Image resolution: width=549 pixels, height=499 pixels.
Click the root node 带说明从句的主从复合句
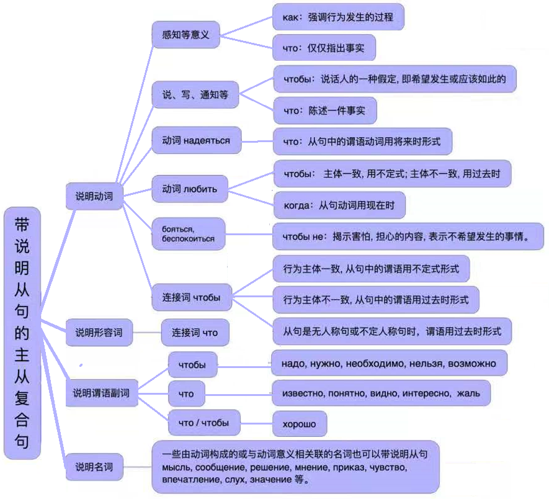pos(22,333)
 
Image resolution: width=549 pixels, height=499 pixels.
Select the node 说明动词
pos(94,197)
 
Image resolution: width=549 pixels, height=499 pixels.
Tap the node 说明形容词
pos(99,332)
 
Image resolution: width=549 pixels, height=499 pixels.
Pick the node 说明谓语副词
pos(102,392)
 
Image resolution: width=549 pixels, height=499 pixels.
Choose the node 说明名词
pos(94,466)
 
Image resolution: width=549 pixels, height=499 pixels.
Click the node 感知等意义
pos(181,35)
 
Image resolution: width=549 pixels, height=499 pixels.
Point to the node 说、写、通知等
pos(195,95)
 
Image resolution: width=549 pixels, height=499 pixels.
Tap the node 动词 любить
pos(189,189)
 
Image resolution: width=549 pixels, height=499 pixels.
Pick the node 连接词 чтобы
pos(192,297)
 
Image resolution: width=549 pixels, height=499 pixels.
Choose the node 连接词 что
pos(195,333)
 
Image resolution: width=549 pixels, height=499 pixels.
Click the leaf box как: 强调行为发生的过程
pos(338,17)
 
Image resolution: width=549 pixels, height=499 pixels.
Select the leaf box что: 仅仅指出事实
pos(324,47)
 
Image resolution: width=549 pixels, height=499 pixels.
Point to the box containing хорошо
pos(300,425)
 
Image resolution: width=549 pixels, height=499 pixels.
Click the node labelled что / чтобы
pos(203,423)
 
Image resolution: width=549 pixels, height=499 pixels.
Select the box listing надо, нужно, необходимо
pos(390,362)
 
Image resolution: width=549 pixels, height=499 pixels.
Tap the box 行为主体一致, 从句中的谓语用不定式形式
pos(371,269)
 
